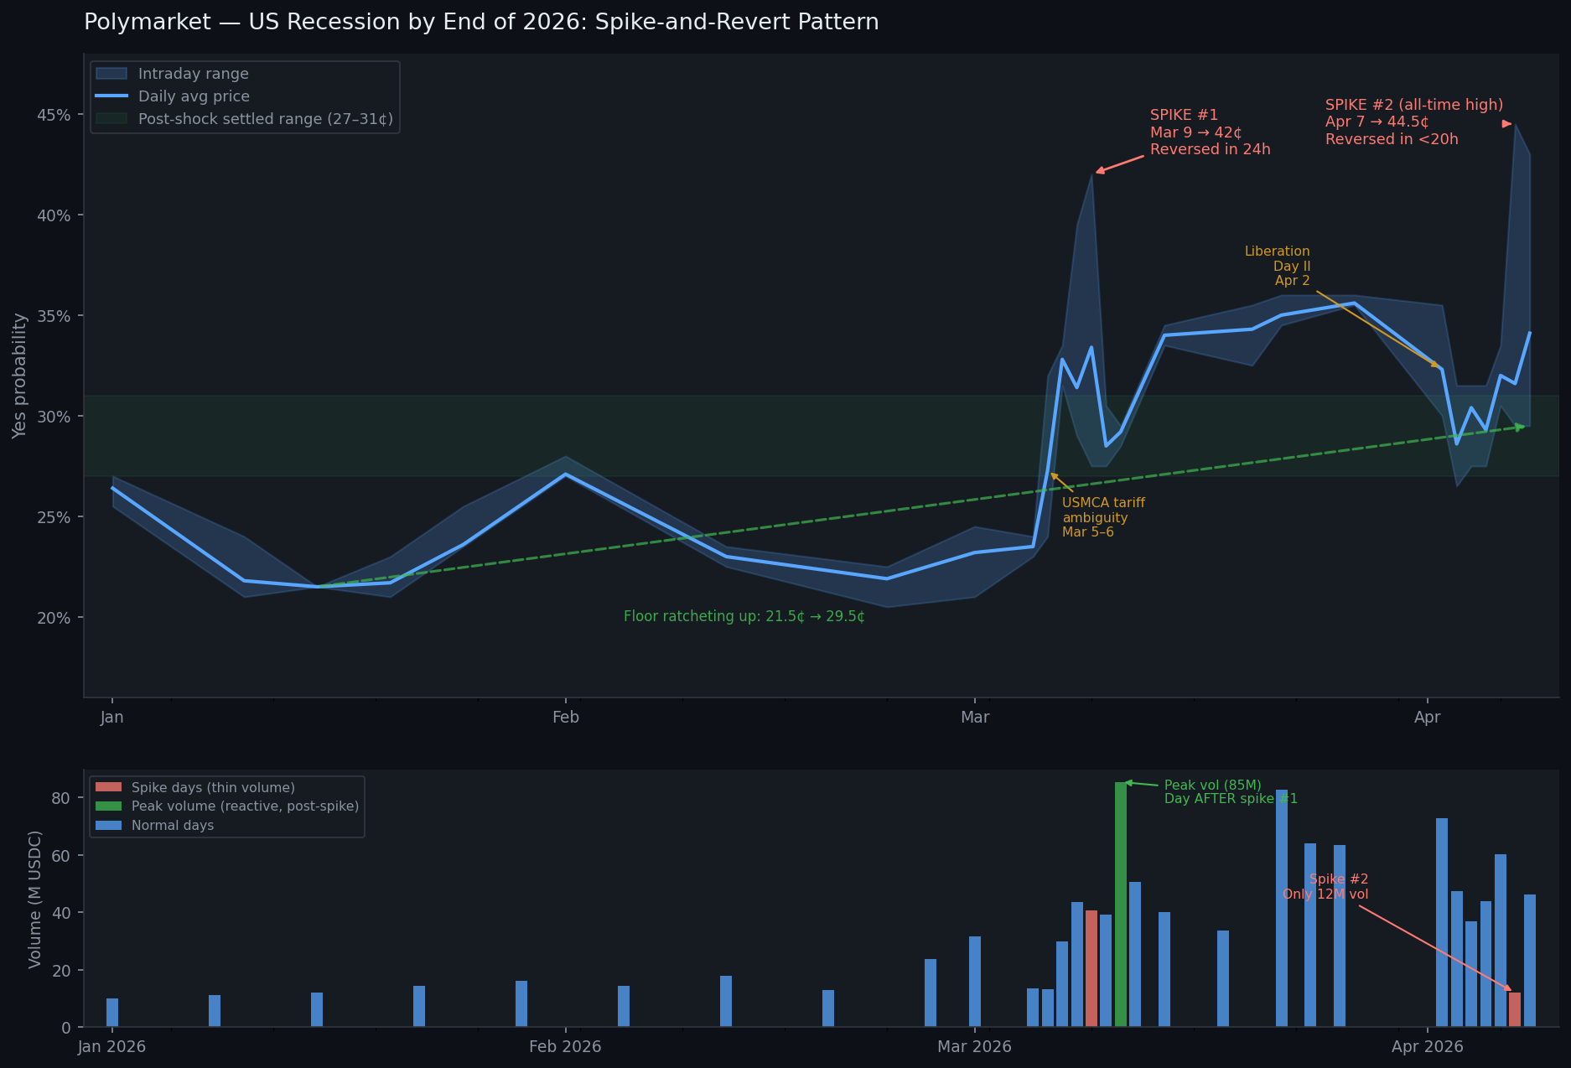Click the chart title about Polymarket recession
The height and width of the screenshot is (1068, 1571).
point(481,23)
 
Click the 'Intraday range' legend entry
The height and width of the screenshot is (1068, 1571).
point(193,74)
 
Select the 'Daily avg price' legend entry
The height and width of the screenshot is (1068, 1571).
point(194,96)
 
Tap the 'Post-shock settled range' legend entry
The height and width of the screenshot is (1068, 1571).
point(265,119)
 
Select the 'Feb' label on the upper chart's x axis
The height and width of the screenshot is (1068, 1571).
point(566,717)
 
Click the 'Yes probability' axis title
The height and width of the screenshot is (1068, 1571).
point(20,376)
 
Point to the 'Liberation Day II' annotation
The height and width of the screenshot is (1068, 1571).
point(1277,266)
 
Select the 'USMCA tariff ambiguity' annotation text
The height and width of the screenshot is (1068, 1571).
point(1102,517)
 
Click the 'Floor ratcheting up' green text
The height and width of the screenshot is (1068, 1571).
point(744,617)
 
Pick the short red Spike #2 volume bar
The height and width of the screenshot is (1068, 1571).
point(1515,1009)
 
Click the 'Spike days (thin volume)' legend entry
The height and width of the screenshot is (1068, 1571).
point(213,788)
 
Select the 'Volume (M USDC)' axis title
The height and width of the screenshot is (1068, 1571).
point(35,899)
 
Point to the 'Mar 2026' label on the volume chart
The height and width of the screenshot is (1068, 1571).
point(974,1046)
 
